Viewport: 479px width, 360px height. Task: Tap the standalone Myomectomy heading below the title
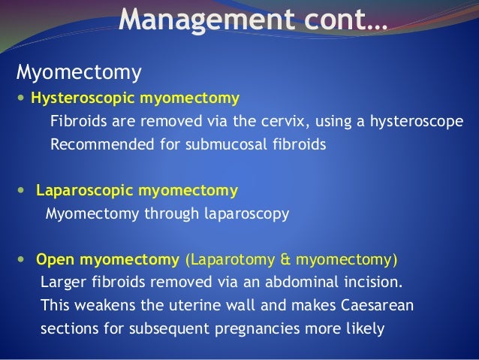(79, 74)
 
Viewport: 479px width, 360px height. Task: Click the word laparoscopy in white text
(246, 213)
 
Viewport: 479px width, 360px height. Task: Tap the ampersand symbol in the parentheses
(284, 260)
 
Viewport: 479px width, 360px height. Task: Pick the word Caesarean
(375, 307)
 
